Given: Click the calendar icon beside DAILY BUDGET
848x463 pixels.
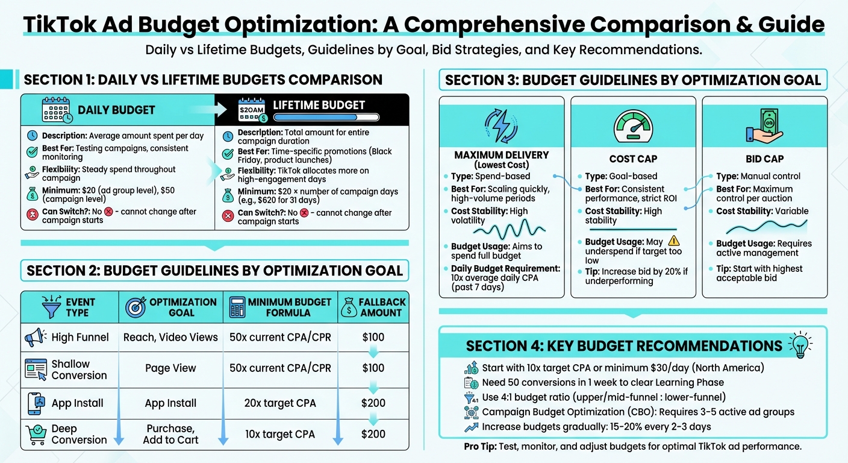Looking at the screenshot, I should pyautogui.click(x=57, y=110).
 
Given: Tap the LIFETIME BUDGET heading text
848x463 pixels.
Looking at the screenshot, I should pyautogui.click(x=319, y=105).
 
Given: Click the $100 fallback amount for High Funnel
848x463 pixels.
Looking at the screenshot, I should pyautogui.click(x=373, y=337).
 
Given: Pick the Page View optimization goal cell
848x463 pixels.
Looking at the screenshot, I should pyautogui.click(x=170, y=368).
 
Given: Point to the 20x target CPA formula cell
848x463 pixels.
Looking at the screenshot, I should pyautogui.click(x=280, y=403).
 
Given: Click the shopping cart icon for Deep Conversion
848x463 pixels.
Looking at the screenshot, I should pyautogui.click(x=36, y=434).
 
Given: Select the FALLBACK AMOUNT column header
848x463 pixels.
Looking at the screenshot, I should pyautogui.click(x=373, y=307).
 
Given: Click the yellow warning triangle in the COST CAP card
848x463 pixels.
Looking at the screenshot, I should pyautogui.click(x=673, y=241).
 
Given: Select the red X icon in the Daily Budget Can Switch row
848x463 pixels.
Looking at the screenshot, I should pyautogui.click(x=108, y=212).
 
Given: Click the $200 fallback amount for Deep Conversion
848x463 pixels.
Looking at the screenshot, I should pyautogui.click(x=373, y=434).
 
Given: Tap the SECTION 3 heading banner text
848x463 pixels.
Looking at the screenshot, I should pyautogui.click(x=633, y=80).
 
